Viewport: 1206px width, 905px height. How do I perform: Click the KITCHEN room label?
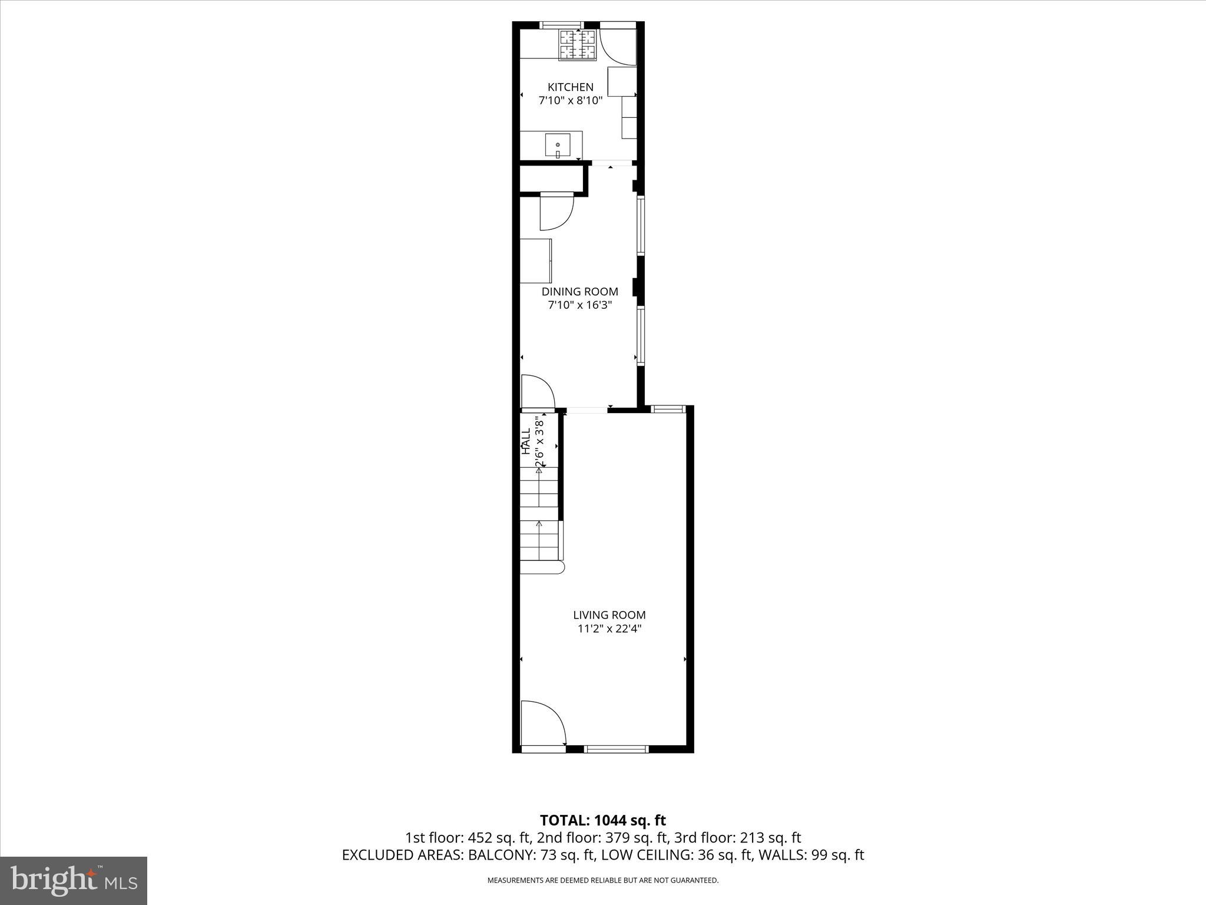pos(570,87)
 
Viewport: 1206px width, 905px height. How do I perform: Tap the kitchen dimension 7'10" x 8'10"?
pos(570,101)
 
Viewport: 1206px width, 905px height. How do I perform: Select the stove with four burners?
pos(578,45)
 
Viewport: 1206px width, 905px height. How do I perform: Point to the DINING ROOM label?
pos(579,292)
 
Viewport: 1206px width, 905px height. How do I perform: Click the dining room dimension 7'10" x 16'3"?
pos(579,305)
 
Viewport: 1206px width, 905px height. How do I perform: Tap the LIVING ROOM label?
pos(609,615)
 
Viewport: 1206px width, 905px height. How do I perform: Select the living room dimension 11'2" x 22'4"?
pos(609,629)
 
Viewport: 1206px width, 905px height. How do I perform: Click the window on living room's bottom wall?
pos(616,749)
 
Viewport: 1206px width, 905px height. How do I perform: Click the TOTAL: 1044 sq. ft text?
pos(602,820)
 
